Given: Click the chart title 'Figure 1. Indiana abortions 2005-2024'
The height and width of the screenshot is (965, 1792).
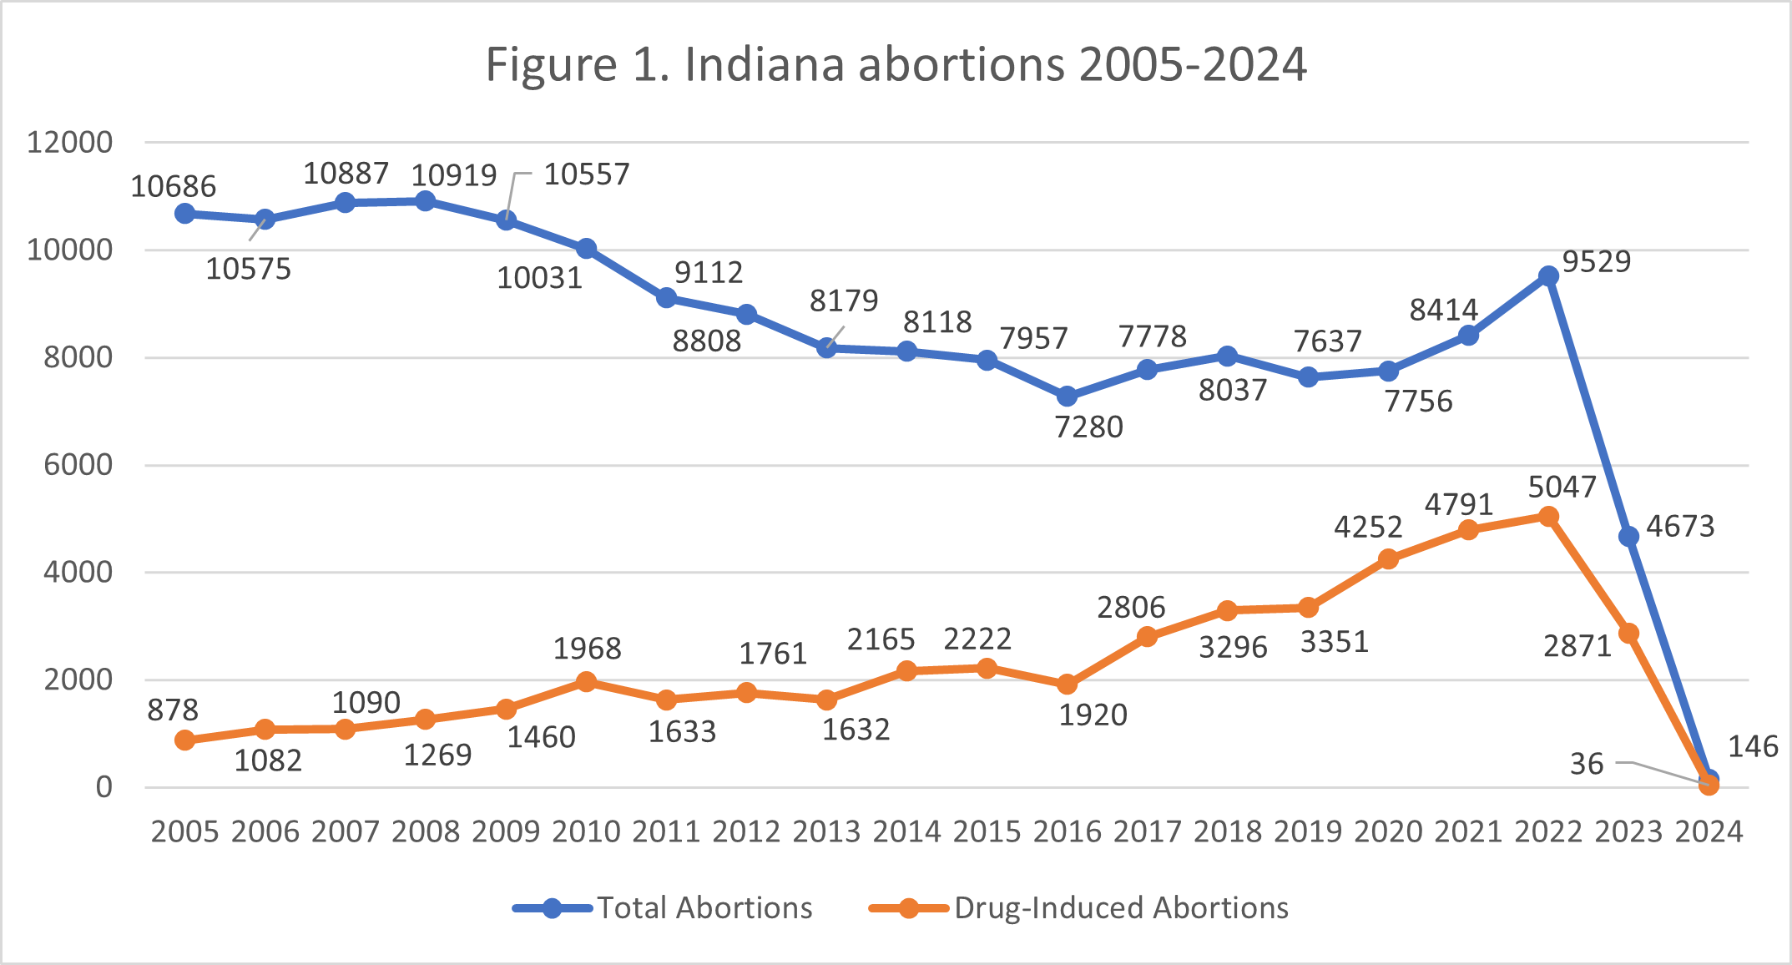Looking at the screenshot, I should tap(896, 64).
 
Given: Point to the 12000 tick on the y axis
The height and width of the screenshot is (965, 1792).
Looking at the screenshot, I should tap(69, 142).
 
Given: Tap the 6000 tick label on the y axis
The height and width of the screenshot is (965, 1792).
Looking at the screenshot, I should tap(78, 465).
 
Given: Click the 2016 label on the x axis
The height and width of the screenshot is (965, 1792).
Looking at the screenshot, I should tap(1067, 831).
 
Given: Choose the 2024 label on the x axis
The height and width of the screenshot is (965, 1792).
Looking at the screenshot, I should tap(1709, 831).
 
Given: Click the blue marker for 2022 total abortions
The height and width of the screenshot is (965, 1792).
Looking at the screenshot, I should tap(1548, 276).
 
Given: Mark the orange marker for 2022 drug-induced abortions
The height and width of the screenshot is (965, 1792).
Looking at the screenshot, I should tap(1548, 517).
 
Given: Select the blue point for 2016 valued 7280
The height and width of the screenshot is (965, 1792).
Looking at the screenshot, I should tap(1067, 397).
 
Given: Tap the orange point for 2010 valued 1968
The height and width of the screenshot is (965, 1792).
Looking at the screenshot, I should tap(586, 682).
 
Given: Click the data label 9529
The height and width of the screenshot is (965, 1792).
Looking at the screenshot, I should tap(1596, 261).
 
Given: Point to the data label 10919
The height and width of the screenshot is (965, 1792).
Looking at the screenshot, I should tap(454, 175).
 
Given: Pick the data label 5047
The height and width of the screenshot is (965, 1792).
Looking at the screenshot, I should tap(1562, 487).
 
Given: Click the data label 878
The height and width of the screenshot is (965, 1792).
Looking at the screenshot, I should tap(173, 710).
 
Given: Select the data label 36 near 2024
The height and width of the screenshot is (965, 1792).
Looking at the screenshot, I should tap(1587, 764).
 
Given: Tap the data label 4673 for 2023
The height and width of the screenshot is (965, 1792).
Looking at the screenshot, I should tap(1679, 527).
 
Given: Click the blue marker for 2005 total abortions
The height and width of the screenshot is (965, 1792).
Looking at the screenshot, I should tap(185, 214).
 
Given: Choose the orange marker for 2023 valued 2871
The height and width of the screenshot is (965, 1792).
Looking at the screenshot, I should tap(1628, 634).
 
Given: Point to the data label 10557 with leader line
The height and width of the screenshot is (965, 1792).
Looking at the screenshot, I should tap(587, 174).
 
